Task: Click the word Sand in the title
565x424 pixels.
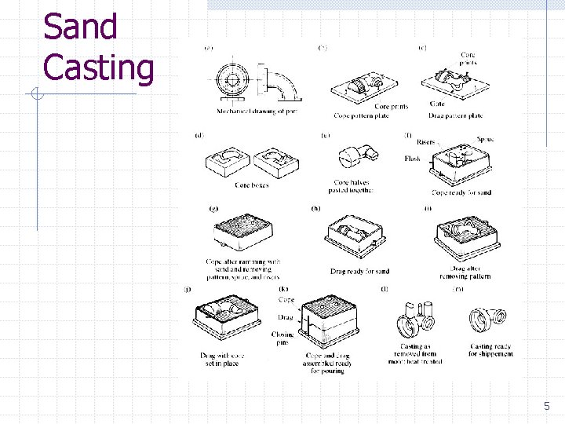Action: (x=80, y=27)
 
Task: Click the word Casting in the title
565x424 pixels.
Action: (x=98, y=68)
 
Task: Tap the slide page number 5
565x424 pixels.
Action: (x=547, y=406)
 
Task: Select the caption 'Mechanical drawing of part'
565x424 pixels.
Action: (x=257, y=111)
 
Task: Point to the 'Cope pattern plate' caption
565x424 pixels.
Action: (x=362, y=116)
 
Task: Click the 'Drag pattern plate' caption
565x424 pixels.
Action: (x=456, y=116)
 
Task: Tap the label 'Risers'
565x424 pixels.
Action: (x=425, y=142)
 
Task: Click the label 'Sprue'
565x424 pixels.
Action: (x=485, y=139)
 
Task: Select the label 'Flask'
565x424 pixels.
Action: (x=412, y=159)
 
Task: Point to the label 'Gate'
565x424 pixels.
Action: (x=437, y=104)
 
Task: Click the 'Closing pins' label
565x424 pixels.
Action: (x=282, y=338)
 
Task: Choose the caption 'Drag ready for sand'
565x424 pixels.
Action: (x=359, y=272)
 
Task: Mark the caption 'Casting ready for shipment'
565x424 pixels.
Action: (x=490, y=350)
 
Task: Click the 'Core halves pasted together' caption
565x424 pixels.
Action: (x=353, y=187)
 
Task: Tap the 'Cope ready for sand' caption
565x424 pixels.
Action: (x=461, y=192)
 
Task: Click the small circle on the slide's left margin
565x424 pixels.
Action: (x=37, y=95)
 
